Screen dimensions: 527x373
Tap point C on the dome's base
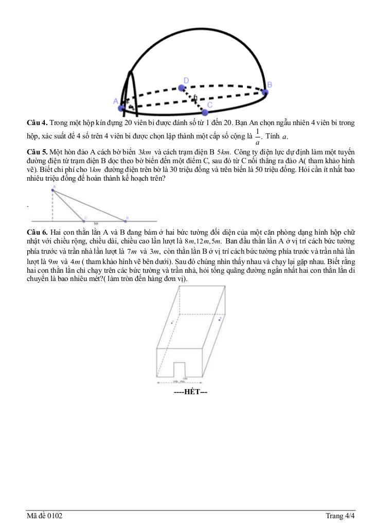tap(205, 112)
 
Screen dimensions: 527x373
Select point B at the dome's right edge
tap(264, 92)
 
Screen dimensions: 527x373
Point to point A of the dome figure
tap(121, 108)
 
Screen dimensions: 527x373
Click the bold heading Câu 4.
tap(37, 122)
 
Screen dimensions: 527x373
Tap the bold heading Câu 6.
tap(37, 232)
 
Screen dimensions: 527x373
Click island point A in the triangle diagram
tap(52, 190)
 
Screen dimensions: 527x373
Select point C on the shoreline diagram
tap(85, 219)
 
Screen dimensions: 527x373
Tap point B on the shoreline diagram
tap(127, 219)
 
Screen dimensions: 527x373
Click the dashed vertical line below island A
tap(52, 205)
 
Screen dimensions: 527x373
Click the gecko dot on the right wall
tap(220, 320)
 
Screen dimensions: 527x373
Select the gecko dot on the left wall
tap(172, 323)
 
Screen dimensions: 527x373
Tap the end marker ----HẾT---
tap(190, 392)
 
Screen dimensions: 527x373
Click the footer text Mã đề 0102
tap(45, 516)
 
